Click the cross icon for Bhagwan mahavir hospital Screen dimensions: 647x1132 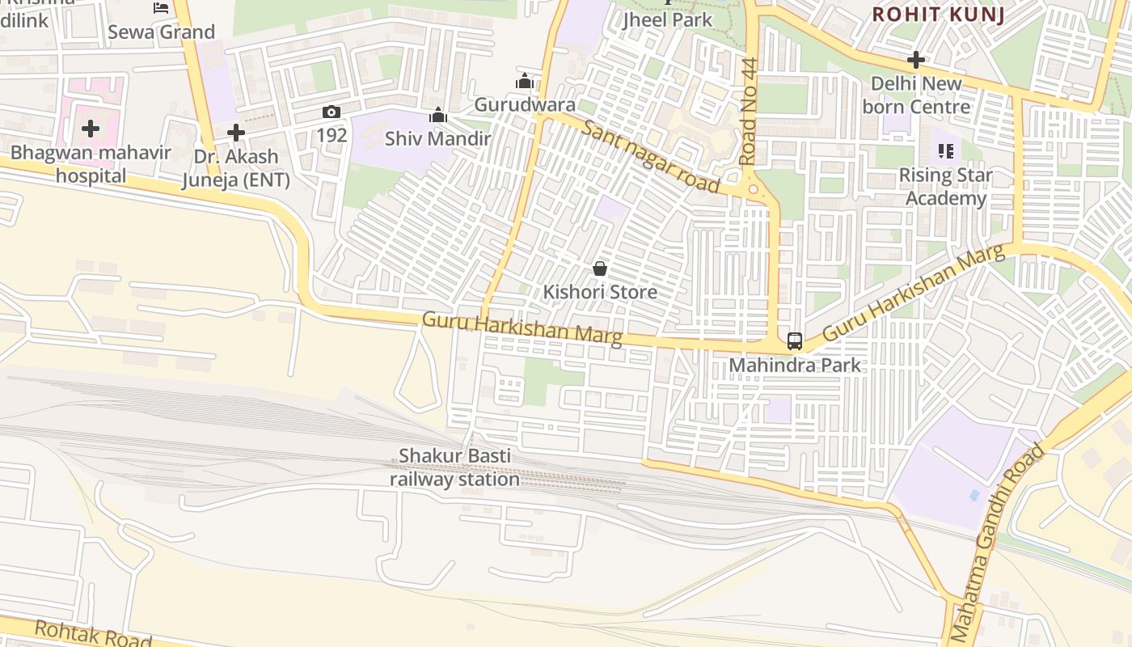point(91,129)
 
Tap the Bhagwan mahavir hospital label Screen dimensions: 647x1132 point(91,164)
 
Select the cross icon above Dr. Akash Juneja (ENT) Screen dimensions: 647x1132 point(235,132)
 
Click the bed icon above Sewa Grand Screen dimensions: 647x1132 point(161,8)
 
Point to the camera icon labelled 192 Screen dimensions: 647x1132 point(331,112)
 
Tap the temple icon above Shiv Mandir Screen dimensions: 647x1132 point(438,116)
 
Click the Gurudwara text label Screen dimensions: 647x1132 point(525,104)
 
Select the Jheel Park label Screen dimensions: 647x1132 point(668,19)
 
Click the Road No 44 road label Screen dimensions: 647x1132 point(747,112)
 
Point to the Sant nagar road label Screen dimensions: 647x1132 point(650,156)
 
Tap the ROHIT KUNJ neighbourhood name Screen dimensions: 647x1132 point(939,14)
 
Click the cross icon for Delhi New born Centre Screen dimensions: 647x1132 point(915,60)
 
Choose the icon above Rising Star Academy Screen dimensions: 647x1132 point(945,150)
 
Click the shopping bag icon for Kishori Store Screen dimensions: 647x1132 point(600,268)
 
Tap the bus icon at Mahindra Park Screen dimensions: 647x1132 point(795,340)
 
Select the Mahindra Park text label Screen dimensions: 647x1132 point(795,366)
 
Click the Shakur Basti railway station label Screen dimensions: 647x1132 point(454,467)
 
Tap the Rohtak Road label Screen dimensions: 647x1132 point(82,633)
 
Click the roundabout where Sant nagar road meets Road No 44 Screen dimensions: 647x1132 point(754,189)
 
